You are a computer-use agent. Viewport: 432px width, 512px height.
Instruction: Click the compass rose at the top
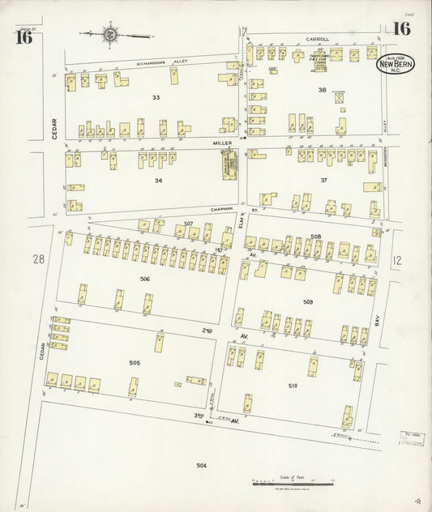point(109,35)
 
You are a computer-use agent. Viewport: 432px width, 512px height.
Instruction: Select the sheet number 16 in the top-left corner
point(23,36)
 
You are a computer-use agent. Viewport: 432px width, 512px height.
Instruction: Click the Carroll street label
point(317,37)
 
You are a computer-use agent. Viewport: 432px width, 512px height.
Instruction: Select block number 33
point(156,97)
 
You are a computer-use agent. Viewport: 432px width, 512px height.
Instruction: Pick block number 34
point(158,180)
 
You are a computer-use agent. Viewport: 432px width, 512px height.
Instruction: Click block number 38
point(322,90)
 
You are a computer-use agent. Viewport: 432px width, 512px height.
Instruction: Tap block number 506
point(144,279)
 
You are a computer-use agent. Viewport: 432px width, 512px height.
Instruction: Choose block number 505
point(135,362)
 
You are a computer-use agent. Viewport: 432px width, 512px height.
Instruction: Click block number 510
point(293,386)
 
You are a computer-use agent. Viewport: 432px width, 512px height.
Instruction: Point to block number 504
point(201,465)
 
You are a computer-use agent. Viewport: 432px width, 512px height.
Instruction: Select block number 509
point(308,302)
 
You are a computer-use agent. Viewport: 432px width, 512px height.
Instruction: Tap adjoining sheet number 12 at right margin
point(397,259)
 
